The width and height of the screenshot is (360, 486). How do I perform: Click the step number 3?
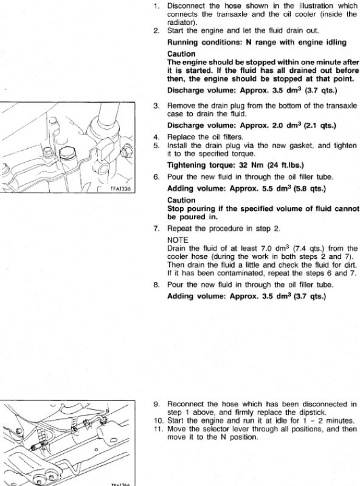pyautogui.click(x=156, y=106)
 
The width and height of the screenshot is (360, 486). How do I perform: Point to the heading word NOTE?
pyautogui.click(x=178, y=240)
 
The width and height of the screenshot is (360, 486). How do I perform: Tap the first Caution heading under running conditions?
pyautogui.click(x=181, y=54)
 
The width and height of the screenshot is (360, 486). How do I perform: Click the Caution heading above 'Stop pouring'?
pyautogui.click(x=181, y=200)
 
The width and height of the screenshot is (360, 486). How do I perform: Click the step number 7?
pyautogui.click(x=156, y=229)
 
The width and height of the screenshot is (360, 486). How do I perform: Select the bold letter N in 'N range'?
pyautogui.click(x=248, y=42)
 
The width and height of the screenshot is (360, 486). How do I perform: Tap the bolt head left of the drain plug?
pyautogui.click(x=47, y=151)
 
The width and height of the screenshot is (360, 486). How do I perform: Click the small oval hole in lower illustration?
pyautogui.click(x=97, y=449)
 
